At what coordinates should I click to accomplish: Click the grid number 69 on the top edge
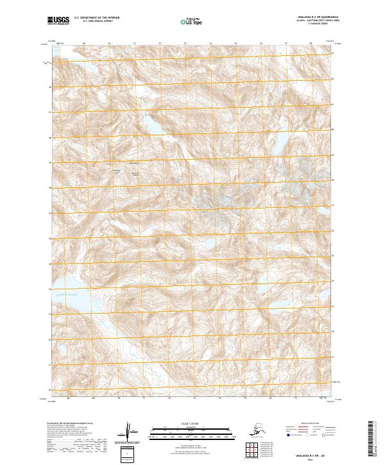tap(84, 45)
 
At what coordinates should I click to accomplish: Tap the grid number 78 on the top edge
tap(311, 45)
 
